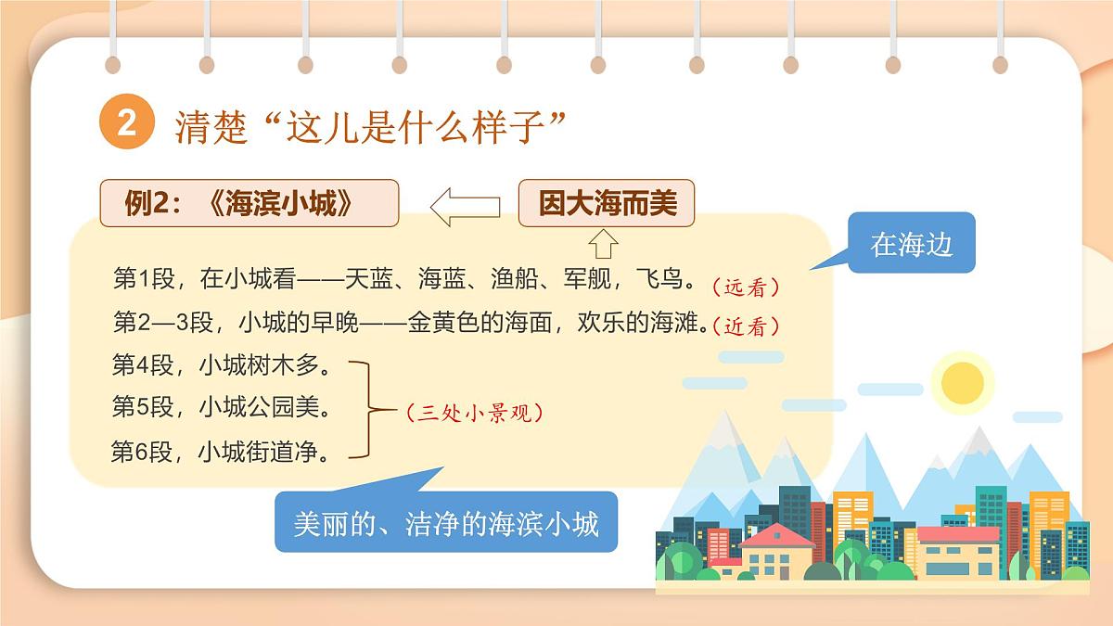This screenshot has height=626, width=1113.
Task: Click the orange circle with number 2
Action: click(126, 123)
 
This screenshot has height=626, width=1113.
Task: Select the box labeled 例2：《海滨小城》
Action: click(249, 203)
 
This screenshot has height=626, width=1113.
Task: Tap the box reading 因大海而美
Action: click(607, 203)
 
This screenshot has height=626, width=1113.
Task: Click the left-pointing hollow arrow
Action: click(465, 206)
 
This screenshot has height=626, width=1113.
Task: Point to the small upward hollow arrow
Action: click(603, 243)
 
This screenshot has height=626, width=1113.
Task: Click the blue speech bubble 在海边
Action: click(911, 243)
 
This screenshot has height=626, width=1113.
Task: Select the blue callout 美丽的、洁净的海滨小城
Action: click(446, 523)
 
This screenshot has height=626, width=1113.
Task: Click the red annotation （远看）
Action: click(746, 287)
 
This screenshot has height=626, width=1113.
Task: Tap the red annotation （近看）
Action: click(746, 326)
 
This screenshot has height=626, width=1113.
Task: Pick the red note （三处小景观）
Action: click(474, 414)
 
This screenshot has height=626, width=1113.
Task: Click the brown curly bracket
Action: click(368, 409)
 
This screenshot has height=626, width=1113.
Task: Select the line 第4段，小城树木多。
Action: click(222, 365)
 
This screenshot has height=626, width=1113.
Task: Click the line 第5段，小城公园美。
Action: click(222, 407)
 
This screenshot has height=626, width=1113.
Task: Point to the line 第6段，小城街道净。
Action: click(222, 452)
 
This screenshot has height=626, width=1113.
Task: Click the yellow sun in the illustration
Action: click(962, 381)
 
